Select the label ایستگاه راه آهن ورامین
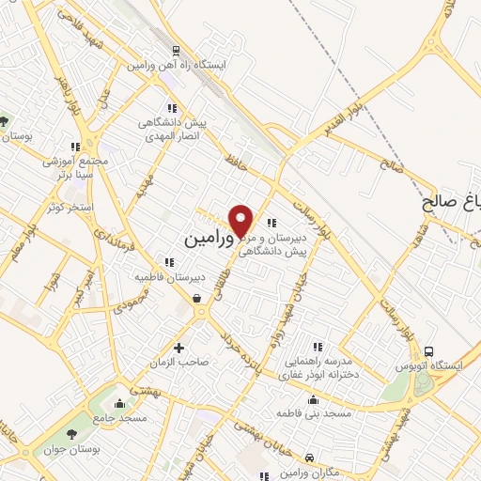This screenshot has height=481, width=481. pyautogui.click(x=176, y=66)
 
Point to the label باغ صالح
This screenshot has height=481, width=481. pyautogui.click(x=451, y=201)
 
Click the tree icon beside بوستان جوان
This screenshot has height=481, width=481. pyautogui.click(x=72, y=432)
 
